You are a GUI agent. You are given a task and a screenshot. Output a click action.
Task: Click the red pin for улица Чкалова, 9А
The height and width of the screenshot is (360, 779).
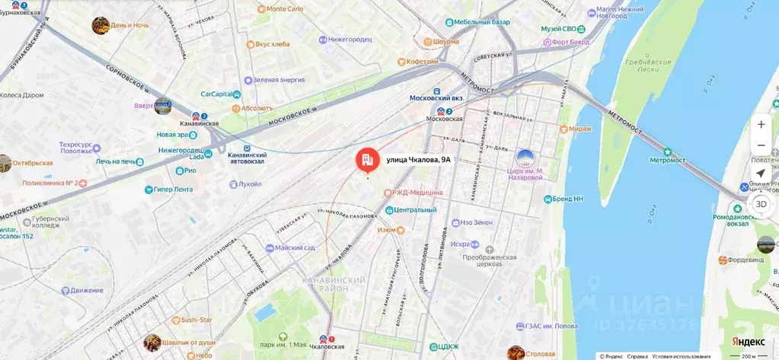(x=368, y=159)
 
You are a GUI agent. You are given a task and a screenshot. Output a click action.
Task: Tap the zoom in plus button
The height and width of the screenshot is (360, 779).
(x=761, y=124)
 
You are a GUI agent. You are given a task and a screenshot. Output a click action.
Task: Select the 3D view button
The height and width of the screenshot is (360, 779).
(x=761, y=204)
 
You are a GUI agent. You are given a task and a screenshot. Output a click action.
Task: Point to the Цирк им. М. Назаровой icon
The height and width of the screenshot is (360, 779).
(x=525, y=158)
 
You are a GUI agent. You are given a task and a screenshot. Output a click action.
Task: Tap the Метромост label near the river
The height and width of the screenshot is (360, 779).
(x=667, y=160)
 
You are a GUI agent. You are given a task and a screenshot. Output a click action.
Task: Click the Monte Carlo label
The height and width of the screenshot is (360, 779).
(x=286, y=8)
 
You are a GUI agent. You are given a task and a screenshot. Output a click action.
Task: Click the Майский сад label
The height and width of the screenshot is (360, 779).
(x=295, y=247)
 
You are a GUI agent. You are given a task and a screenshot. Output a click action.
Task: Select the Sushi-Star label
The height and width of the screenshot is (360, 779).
(x=196, y=320)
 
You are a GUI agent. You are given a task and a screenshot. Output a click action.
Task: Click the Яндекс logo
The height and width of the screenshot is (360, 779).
(x=749, y=342)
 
